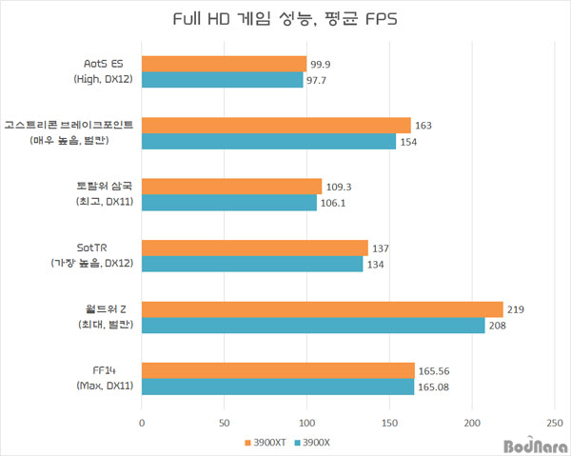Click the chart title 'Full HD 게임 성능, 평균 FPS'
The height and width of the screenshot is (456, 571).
pyautogui.click(x=285, y=20)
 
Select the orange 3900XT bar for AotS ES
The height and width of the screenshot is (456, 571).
pyautogui.click(x=224, y=64)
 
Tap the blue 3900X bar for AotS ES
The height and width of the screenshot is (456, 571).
pyautogui.click(x=222, y=80)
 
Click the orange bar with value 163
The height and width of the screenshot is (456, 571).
pyautogui.click(x=276, y=125)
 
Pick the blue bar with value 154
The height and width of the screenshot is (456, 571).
pyautogui.click(x=268, y=141)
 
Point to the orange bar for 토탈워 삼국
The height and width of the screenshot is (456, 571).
pyautogui.click(x=231, y=186)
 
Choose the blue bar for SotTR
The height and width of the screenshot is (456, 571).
pyautogui.click(x=252, y=264)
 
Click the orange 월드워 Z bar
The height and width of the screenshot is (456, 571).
pyautogui.click(x=322, y=308)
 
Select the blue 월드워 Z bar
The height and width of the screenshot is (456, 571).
pyautogui.click(x=313, y=325)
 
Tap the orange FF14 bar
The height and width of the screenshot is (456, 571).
pyautogui.click(x=278, y=369)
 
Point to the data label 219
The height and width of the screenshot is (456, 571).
pyautogui.click(x=517, y=309)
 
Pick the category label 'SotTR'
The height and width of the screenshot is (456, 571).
pyautogui.click(x=92, y=248)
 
